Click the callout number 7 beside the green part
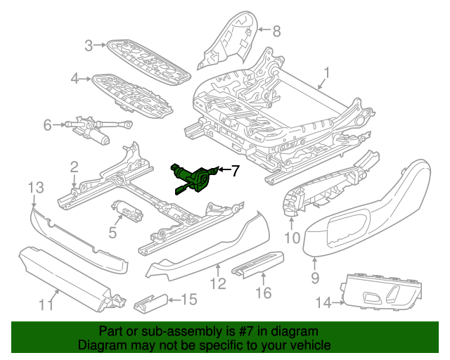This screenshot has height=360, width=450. coord(235,171)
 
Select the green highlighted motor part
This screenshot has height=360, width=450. coord(194,179)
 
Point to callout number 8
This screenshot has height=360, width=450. coord(276,31)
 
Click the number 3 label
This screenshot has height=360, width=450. coord(89,46)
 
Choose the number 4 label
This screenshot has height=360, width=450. coord(75,78)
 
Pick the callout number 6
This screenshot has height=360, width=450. coord(47,125)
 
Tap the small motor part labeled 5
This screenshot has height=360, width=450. coord(127,211)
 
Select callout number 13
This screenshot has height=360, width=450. coord(36,188)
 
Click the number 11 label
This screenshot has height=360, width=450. coord(46,304)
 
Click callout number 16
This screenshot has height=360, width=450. coord(263,292)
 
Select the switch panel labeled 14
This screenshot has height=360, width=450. coord(382,294)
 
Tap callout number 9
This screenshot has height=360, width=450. coord(315,278)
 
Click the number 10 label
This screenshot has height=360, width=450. coord(292,238)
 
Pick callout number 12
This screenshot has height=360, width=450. coord(218,283)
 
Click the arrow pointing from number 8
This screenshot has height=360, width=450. coord(264,30)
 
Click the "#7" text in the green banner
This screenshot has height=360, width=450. coord(246,331)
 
